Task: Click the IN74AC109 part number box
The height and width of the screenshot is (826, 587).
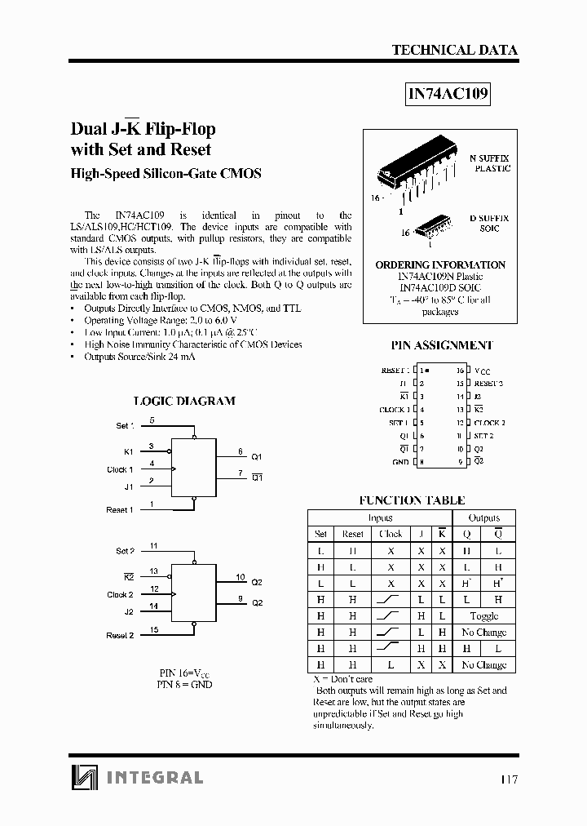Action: click(448, 94)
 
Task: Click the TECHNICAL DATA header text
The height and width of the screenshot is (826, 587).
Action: click(454, 50)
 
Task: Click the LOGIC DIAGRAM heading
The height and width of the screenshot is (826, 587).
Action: click(183, 401)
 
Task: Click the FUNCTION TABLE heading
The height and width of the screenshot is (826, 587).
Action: click(412, 500)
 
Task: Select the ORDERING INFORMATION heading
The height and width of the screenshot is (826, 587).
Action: click(440, 265)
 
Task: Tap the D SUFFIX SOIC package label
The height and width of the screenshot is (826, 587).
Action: click(489, 224)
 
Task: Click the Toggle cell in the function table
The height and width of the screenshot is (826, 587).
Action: click(484, 616)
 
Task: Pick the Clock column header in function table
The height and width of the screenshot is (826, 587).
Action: click(391, 534)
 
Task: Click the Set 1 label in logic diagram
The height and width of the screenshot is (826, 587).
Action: click(125, 426)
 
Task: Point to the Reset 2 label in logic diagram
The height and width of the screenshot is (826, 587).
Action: click(119, 635)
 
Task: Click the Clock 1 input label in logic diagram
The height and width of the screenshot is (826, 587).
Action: click(120, 469)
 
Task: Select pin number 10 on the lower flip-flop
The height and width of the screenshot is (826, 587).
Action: click(241, 577)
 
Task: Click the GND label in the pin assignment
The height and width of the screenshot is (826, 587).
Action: click(399, 462)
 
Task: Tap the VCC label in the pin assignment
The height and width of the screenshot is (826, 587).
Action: click(483, 371)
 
